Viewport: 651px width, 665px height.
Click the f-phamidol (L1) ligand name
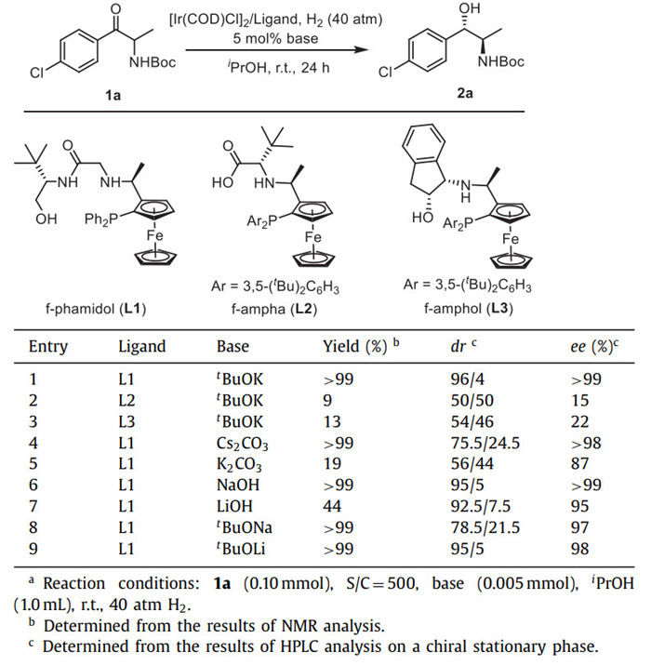click(91, 306)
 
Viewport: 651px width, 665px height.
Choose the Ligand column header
click(142, 347)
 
